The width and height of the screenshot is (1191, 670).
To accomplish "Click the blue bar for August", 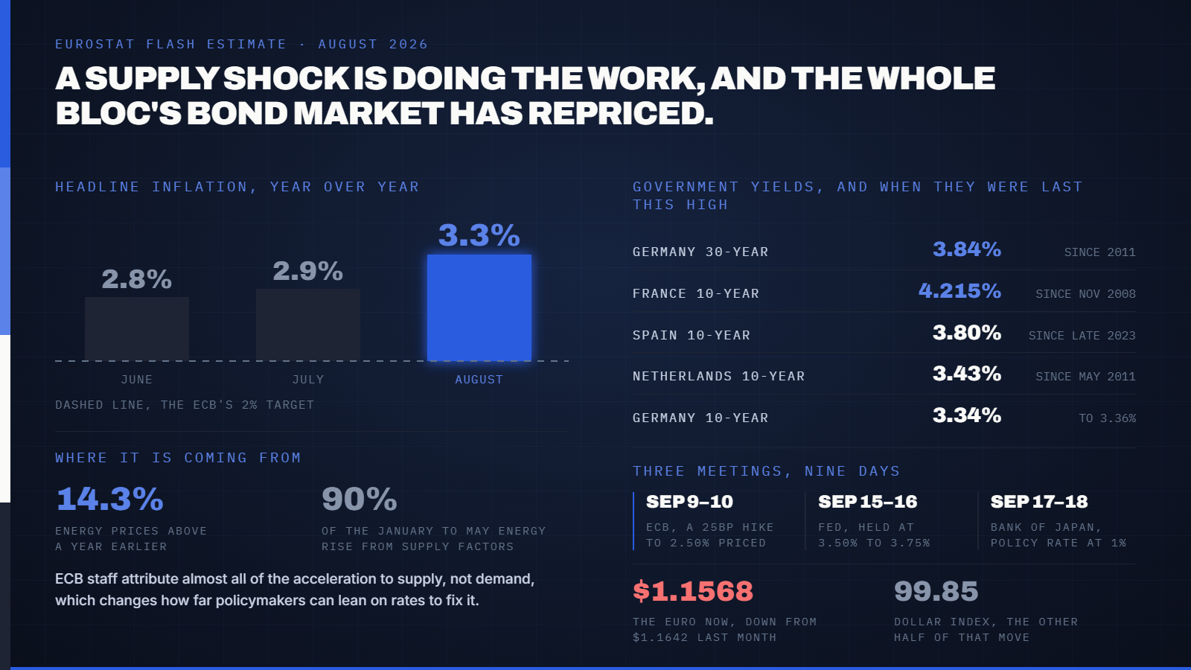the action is point(479,308).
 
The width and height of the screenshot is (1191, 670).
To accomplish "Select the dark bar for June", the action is point(137,329).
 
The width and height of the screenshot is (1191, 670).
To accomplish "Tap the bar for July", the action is point(308,325).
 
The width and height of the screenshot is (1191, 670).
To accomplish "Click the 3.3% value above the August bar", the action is point(479,235).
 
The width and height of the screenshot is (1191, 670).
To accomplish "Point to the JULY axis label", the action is point(308,380).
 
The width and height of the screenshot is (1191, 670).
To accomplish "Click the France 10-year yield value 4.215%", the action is point(959,291).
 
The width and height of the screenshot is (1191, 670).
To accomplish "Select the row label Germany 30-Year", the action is point(700,252).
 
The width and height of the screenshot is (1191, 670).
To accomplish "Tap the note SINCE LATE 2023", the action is point(1082,336).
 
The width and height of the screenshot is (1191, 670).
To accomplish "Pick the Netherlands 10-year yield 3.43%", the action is point(967,374).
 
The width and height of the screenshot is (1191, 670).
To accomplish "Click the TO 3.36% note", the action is point(1107,418).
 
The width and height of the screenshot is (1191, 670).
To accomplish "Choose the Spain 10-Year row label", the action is point(692,336).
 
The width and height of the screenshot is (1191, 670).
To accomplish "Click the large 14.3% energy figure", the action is point(109,500).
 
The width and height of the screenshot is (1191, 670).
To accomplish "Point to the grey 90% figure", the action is point(360,500).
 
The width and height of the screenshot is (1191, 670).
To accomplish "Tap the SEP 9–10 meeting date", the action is point(689,502).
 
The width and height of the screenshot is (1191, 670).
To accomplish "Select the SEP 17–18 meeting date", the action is point(1039,502).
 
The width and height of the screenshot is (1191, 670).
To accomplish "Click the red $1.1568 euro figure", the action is point(693,591).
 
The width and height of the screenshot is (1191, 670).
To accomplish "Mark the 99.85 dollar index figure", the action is point(936,591).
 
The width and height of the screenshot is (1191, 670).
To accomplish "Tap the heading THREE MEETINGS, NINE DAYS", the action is point(766,471).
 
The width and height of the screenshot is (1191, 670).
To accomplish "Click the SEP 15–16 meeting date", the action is point(868,502).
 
